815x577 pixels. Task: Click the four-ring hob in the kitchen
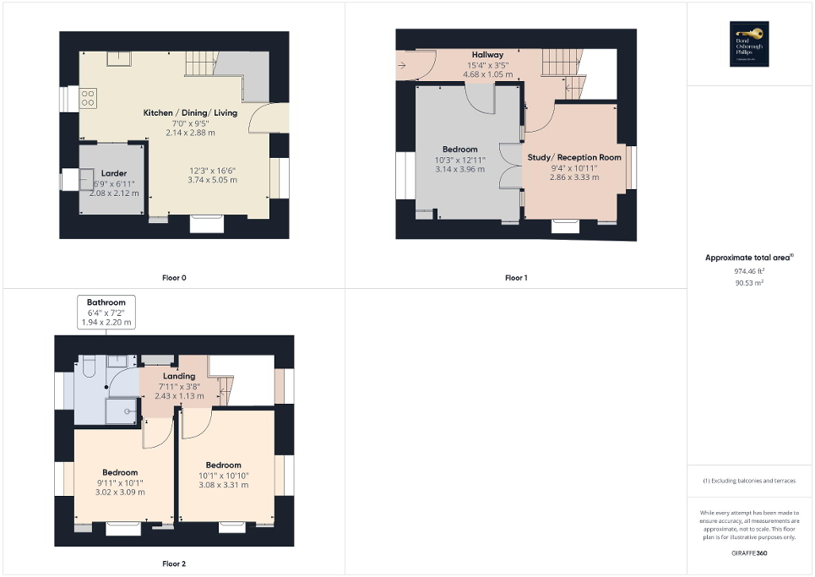(x=87, y=98)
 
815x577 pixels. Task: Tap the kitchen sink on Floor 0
(x=117, y=57)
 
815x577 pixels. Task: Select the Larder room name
(x=113, y=172)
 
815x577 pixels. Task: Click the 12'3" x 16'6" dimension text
(x=212, y=170)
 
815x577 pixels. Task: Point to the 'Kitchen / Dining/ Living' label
(x=190, y=112)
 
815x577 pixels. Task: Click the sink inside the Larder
(x=86, y=179)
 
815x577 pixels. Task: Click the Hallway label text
(x=487, y=54)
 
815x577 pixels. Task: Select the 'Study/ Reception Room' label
(x=573, y=157)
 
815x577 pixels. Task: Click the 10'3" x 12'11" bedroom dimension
(x=460, y=160)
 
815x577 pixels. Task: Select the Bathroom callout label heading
(x=106, y=302)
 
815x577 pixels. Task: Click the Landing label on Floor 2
(x=179, y=376)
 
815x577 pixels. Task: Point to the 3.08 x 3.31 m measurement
(x=223, y=485)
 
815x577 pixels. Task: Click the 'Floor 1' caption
(x=516, y=277)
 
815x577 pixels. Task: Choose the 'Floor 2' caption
(x=174, y=563)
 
